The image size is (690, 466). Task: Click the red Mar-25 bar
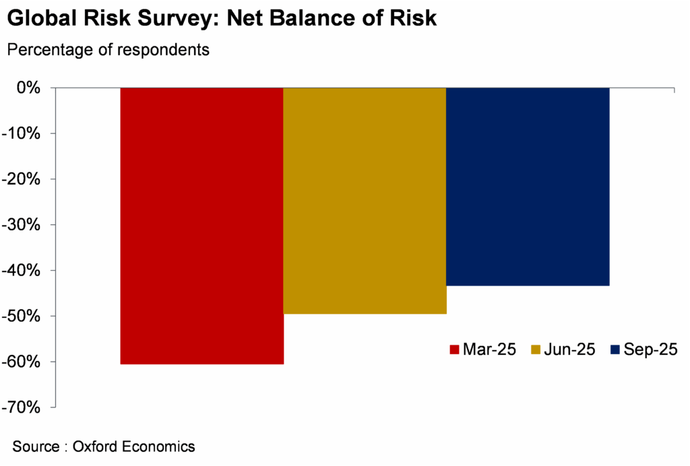pyautogui.click(x=202, y=226)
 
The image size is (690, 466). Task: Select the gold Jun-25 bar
pyautogui.click(x=365, y=201)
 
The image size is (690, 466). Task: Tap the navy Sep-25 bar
pyautogui.click(x=528, y=187)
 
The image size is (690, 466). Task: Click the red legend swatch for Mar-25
pyautogui.click(x=454, y=349)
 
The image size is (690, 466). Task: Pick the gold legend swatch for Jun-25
pyautogui.click(x=536, y=349)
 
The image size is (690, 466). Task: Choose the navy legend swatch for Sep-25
pyautogui.click(x=615, y=349)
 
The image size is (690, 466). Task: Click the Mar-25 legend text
pyautogui.click(x=490, y=349)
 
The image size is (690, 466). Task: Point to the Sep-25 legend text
pyautogui.click(x=650, y=349)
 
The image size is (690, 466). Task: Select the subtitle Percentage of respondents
pyautogui.click(x=108, y=50)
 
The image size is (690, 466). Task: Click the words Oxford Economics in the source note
pyautogui.click(x=134, y=446)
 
